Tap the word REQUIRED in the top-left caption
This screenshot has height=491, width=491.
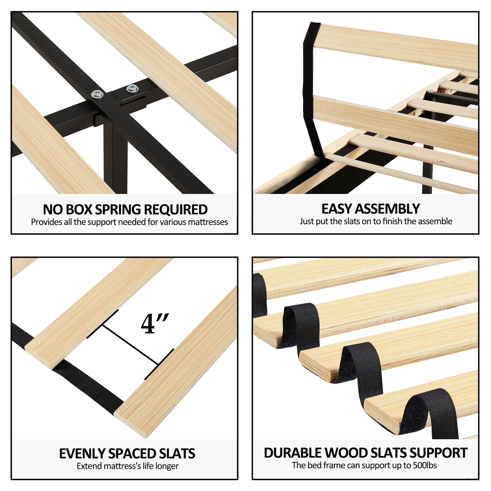(176, 210)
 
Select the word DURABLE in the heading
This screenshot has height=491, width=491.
(293, 453)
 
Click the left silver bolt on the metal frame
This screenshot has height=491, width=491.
(97, 94)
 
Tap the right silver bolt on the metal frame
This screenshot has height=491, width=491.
(132, 88)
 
